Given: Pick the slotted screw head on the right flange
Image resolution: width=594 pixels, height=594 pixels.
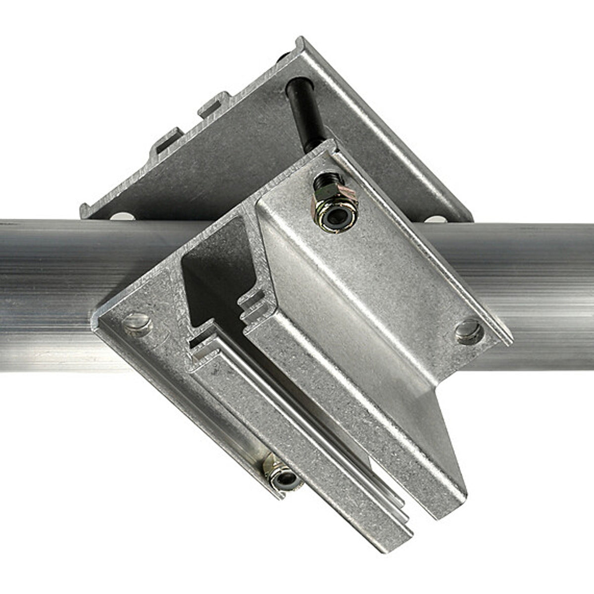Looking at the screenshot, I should click(x=468, y=331).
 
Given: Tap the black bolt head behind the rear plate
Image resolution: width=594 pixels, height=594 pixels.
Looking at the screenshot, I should click(x=283, y=58).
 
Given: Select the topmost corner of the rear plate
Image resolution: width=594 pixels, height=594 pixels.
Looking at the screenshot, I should click(x=300, y=40).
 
